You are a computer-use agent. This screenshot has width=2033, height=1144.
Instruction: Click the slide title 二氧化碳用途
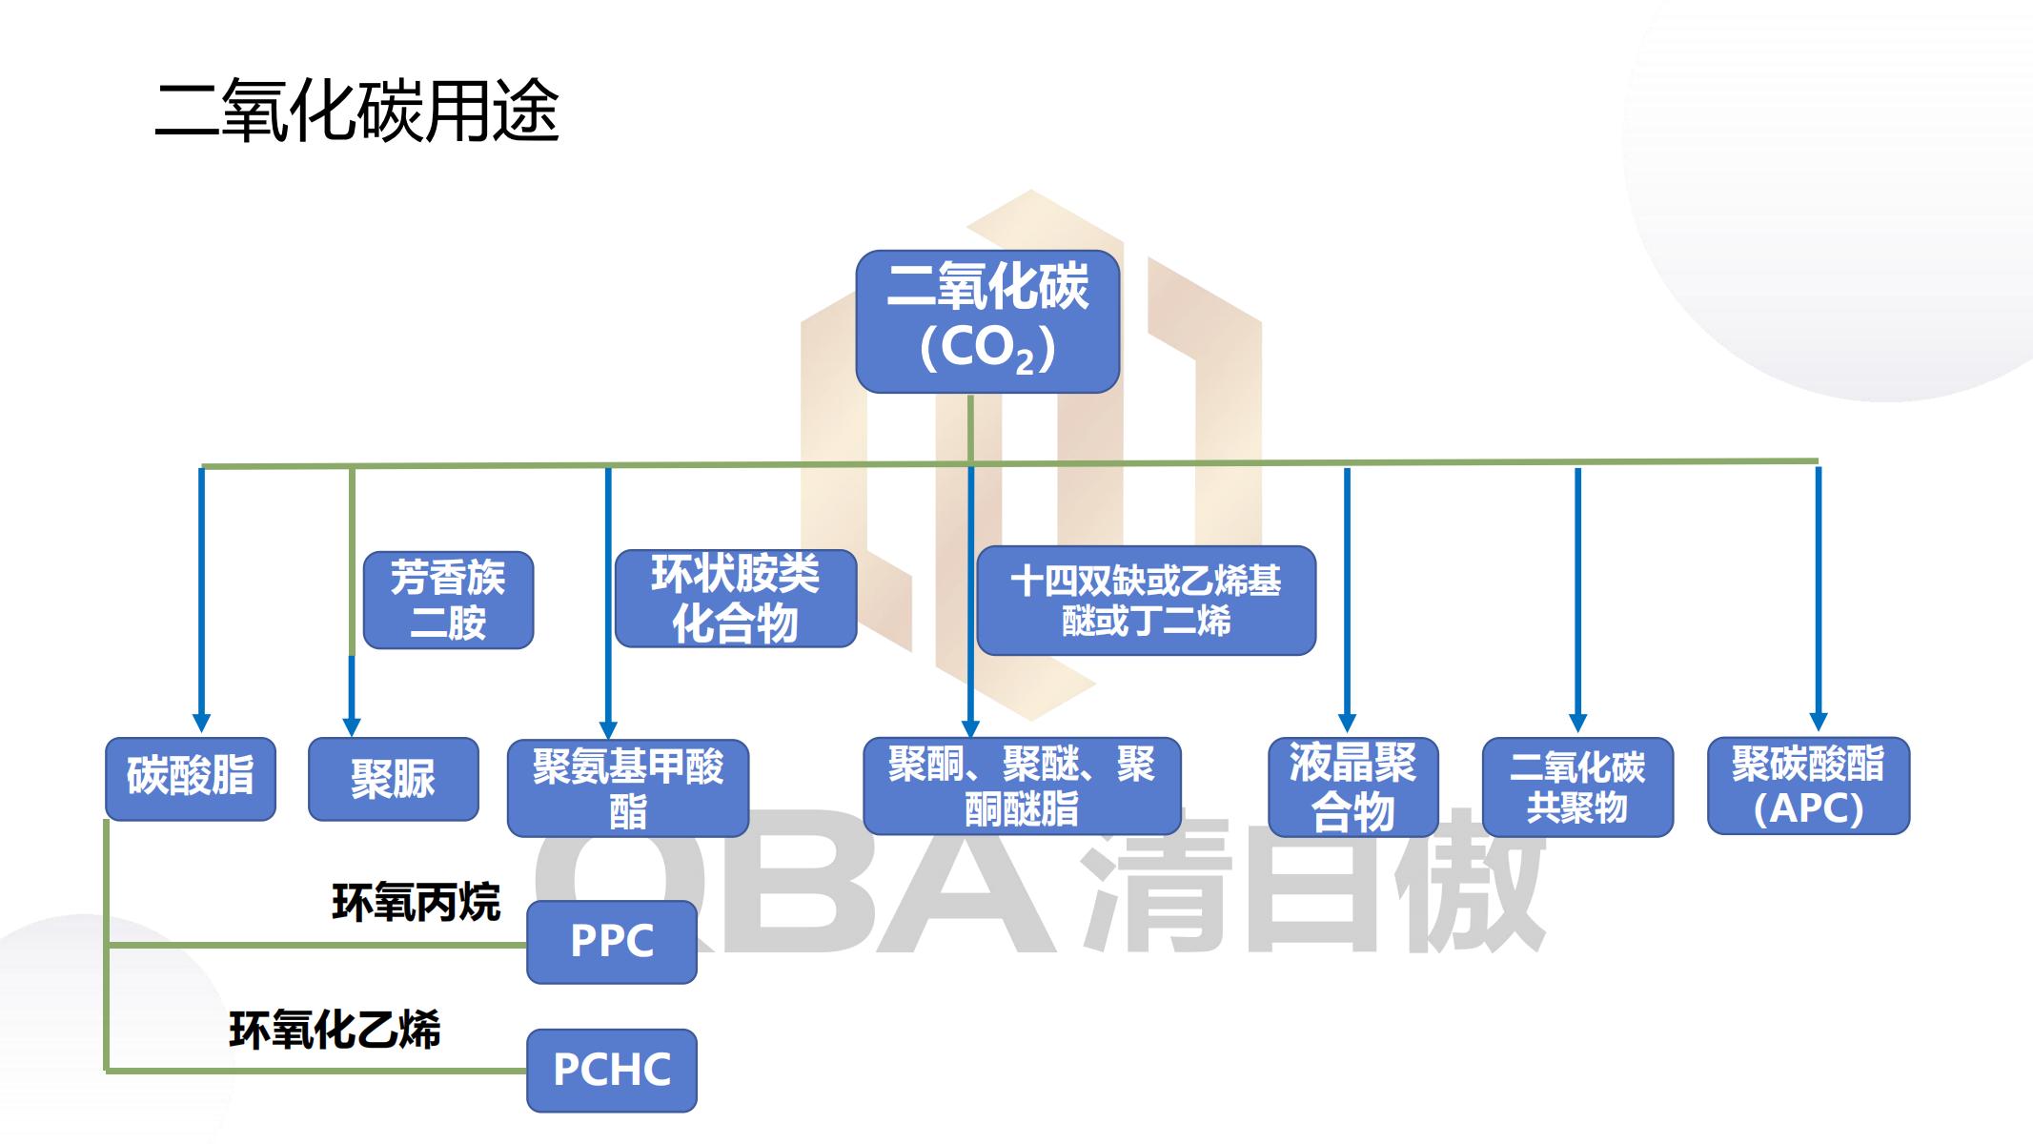point(356,112)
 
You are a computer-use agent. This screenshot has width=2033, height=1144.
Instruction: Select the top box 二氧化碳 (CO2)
point(987,321)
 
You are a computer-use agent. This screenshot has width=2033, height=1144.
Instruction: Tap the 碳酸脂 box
point(191,778)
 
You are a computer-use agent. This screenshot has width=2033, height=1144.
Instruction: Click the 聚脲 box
point(393,779)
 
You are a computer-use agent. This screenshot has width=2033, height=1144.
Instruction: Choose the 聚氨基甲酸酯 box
point(627,788)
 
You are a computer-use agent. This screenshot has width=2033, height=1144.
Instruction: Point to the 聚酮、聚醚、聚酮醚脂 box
point(1021,786)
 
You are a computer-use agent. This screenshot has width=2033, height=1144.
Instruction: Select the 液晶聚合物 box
point(1352,787)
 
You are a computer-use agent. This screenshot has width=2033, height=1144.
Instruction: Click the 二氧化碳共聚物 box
point(1577,787)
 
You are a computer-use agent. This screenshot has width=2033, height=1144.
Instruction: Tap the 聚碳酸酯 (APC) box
point(1808,786)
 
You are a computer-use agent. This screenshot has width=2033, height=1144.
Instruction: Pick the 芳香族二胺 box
point(448,600)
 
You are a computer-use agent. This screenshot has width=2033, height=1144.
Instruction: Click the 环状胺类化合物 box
point(735,599)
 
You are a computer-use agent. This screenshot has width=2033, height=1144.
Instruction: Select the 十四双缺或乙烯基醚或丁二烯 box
point(1146,600)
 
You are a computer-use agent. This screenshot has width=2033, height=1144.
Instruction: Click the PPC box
point(612,942)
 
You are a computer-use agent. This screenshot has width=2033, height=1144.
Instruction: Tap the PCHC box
point(612,1070)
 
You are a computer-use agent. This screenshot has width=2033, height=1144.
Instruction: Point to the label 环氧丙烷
point(416,902)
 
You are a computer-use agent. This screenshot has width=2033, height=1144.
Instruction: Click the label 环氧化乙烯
point(335,1031)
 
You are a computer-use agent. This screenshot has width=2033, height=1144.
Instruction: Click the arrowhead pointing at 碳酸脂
point(201,722)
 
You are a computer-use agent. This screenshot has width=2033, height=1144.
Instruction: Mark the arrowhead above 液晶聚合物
point(1347,722)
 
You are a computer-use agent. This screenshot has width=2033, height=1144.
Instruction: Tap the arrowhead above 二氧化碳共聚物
point(1577,722)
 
